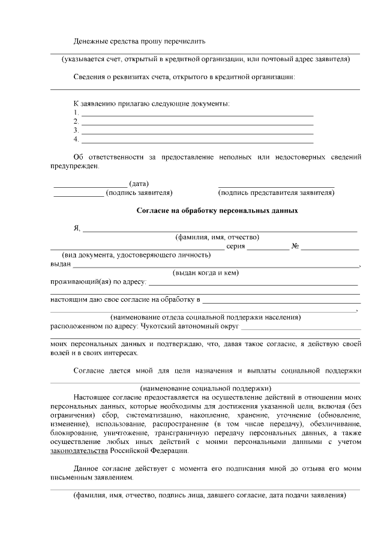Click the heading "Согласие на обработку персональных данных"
(217, 211)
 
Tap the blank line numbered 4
(197, 140)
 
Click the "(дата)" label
(139, 184)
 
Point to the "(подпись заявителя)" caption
(139, 193)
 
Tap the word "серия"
(236, 246)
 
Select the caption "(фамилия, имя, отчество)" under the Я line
(217, 237)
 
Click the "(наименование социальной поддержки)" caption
(205, 387)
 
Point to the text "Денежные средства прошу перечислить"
(140, 41)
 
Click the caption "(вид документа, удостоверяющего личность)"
(136, 254)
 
